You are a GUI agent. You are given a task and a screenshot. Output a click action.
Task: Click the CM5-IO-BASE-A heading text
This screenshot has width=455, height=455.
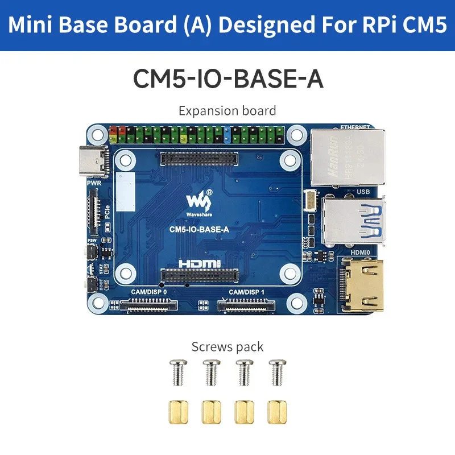[x=227, y=79]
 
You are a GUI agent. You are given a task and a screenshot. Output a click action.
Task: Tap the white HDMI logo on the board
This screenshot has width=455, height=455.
[x=198, y=263]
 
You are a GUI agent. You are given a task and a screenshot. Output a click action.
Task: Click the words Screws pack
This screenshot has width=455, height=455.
[x=227, y=346]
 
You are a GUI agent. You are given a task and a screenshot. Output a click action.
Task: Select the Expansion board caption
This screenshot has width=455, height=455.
[x=227, y=110]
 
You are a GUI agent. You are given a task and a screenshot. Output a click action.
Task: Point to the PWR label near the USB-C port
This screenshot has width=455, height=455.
[x=94, y=184]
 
